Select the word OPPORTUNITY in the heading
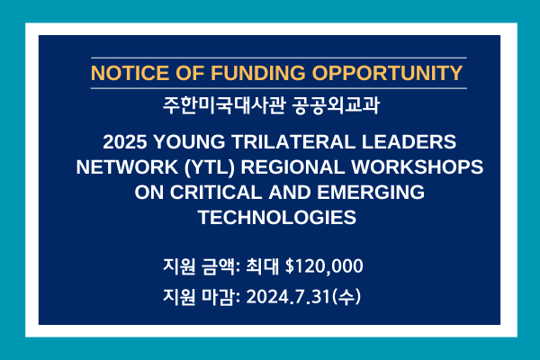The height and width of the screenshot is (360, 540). pos(387,73)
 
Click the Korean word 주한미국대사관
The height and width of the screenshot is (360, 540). pos(224,105)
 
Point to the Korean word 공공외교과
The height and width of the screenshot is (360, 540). pos(336,105)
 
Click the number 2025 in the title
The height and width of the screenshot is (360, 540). pos(125,142)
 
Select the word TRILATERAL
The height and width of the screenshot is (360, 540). pos(293,142)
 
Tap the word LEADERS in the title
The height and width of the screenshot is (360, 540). pos(409,142)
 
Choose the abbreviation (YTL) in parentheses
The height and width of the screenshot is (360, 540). pos(210,167)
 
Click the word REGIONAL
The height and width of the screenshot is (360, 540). pos(292,167)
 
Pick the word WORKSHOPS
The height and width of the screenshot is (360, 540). pos(417,167)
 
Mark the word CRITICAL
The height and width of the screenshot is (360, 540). pos(216,193)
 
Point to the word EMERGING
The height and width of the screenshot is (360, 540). pos(371,193)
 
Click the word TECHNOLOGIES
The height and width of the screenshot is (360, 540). pos(277,218)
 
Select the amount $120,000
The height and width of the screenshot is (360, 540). pos(324,266)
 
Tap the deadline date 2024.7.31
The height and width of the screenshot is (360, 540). pos(288,297)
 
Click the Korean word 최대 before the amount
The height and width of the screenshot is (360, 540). pos(262,266)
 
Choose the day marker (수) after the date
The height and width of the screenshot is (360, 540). pos(346,297)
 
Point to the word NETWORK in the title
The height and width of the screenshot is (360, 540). pos(127,167)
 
